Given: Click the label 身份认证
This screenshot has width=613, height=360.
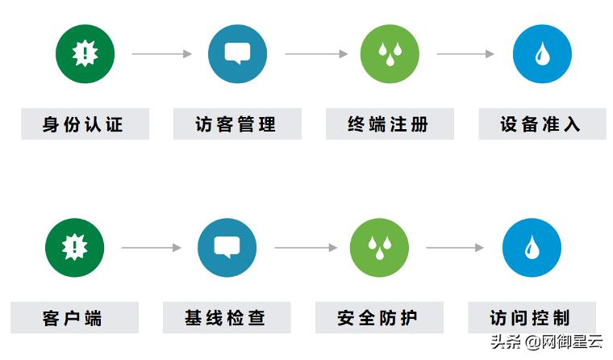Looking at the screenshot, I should pyautogui.click(x=84, y=125).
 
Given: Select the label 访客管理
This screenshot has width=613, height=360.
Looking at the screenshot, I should pyautogui.click(x=236, y=125).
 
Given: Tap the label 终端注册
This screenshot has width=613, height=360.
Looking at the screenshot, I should pyautogui.click(x=389, y=125).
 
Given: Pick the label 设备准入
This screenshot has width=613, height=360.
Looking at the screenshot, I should pyautogui.click(x=541, y=125).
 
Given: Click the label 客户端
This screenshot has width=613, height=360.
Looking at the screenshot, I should pyautogui.click(x=73, y=317).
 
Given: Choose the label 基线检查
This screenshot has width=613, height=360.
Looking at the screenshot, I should pyautogui.click(x=226, y=317).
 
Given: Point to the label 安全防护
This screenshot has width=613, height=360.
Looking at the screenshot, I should pyautogui.click(x=378, y=317).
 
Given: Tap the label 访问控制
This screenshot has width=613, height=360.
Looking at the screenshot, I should pyautogui.click(x=531, y=317).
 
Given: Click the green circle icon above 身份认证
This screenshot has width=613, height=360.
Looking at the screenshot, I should pyautogui.click(x=85, y=54).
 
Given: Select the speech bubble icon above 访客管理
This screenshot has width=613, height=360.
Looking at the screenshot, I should pyautogui.click(x=237, y=54).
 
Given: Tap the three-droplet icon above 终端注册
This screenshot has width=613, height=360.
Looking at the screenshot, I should pyautogui.click(x=390, y=54).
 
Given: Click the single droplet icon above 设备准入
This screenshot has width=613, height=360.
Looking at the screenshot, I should pyautogui.click(x=542, y=54).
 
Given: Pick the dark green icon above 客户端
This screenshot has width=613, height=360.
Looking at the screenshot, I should pyautogui.click(x=74, y=248).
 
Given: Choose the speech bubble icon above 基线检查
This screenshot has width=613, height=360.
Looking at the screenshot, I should pyautogui.click(x=227, y=248).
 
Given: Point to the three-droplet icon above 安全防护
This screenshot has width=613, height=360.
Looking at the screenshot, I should pyautogui.click(x=379, y=248).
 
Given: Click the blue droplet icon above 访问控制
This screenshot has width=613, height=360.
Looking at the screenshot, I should pyautogui.click(x=532, y=248).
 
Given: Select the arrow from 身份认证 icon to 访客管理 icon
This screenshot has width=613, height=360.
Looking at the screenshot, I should pyautogui.click(x=161, y=54).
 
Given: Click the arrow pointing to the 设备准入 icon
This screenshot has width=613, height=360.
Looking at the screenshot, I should pyautogui.click(x=465, y=54).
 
